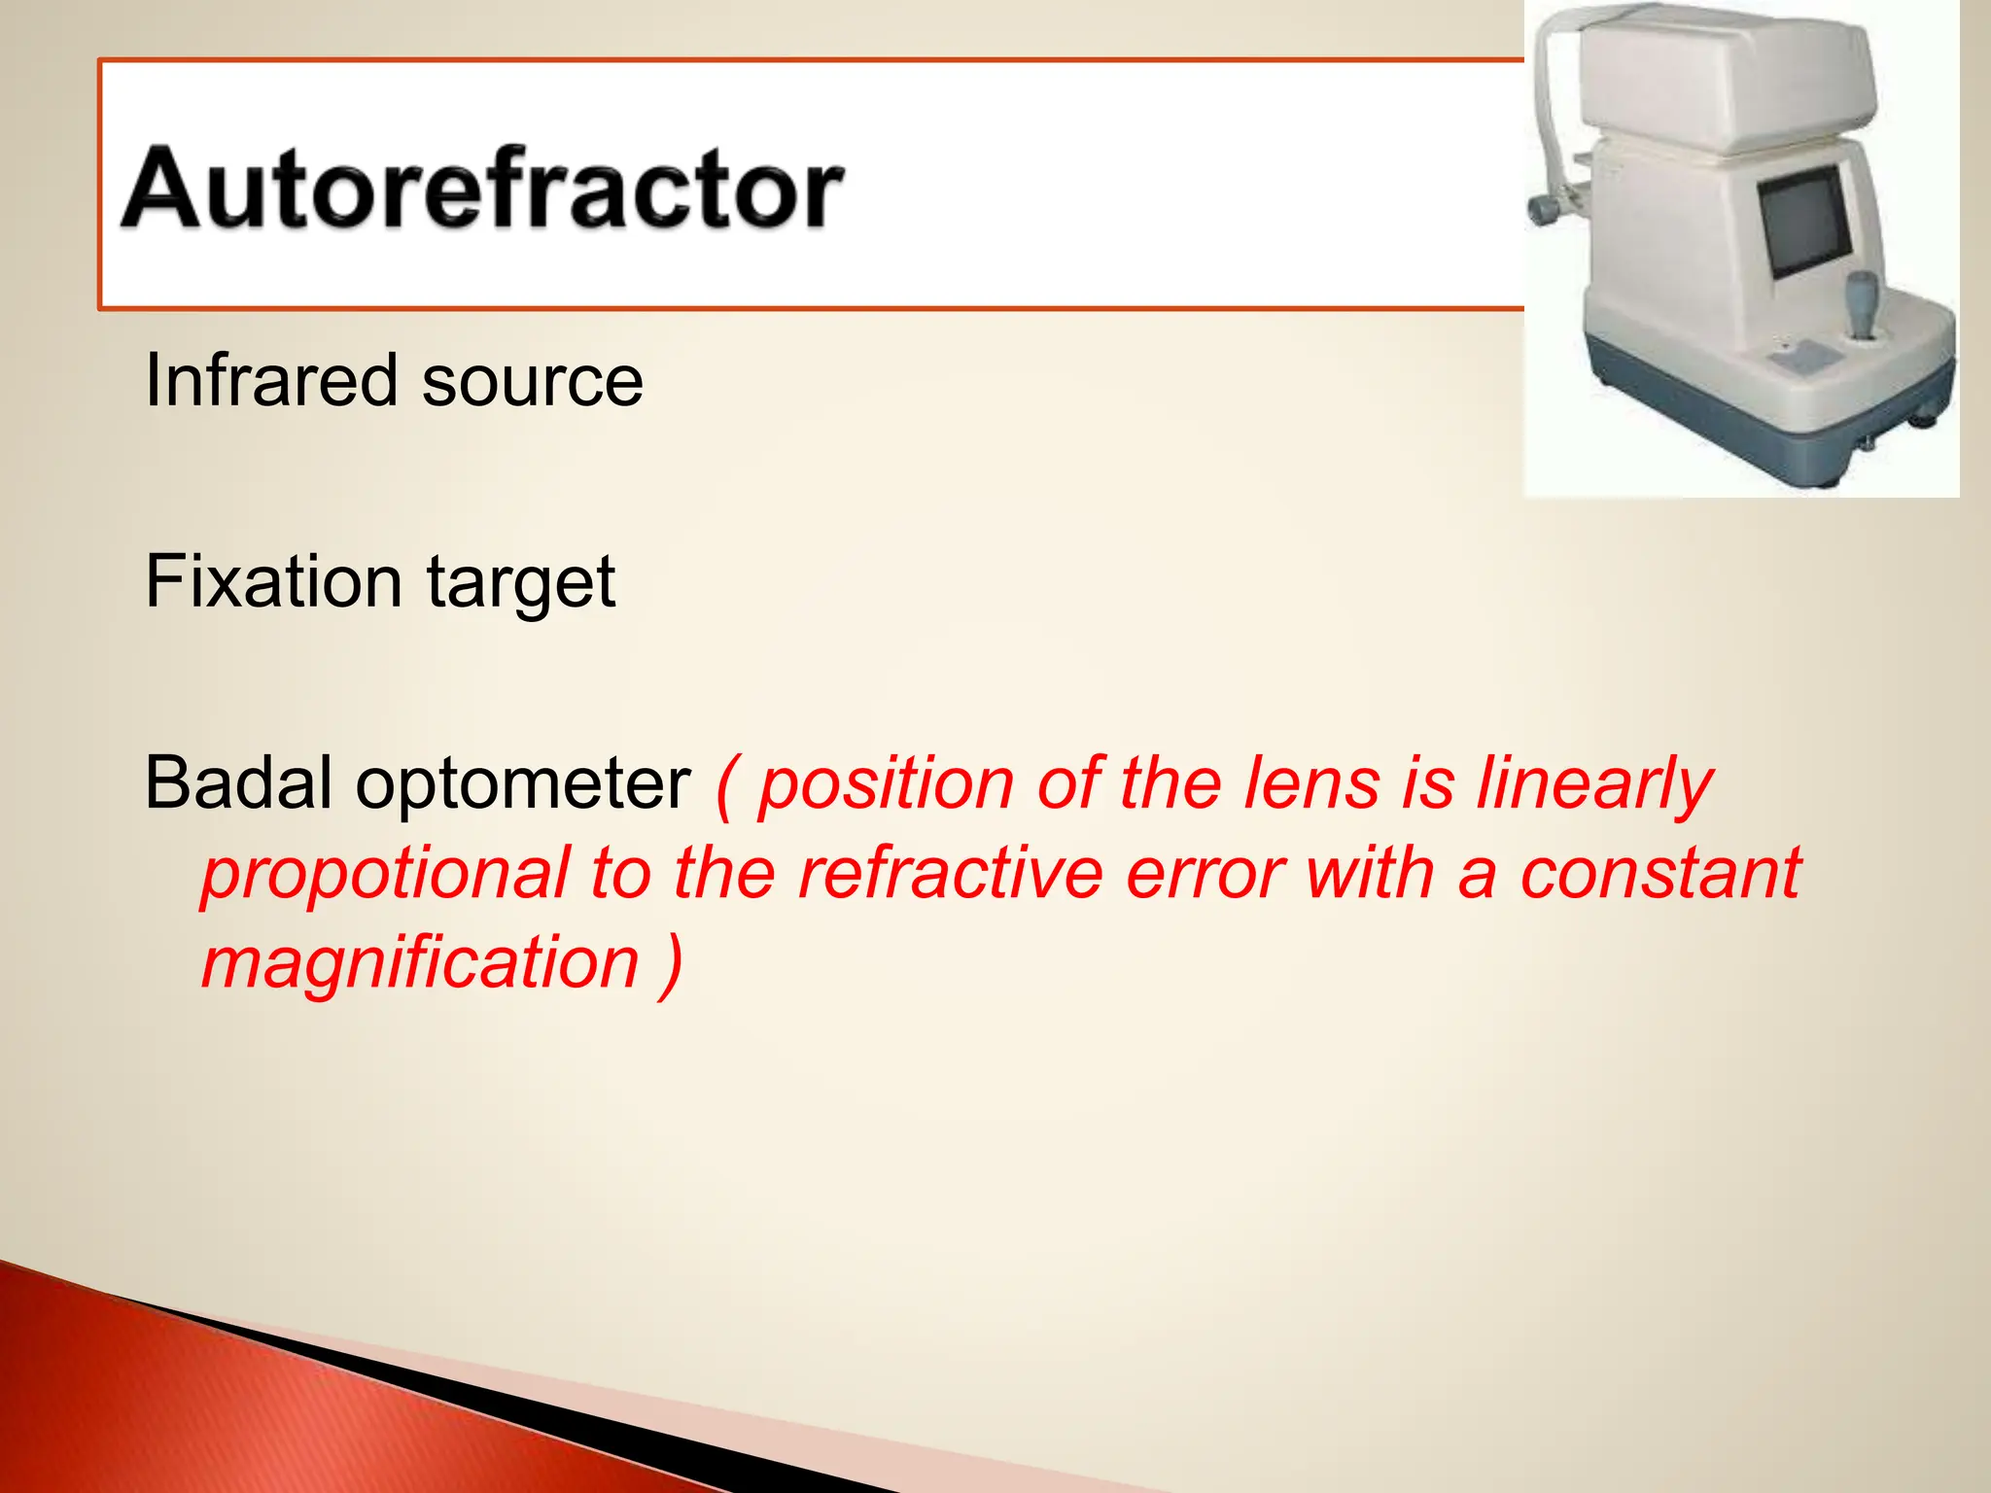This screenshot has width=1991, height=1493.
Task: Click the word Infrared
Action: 271,380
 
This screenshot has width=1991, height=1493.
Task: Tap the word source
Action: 533,382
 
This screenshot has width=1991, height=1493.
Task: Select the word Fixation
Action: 273,581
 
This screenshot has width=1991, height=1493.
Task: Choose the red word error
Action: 1205,874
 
